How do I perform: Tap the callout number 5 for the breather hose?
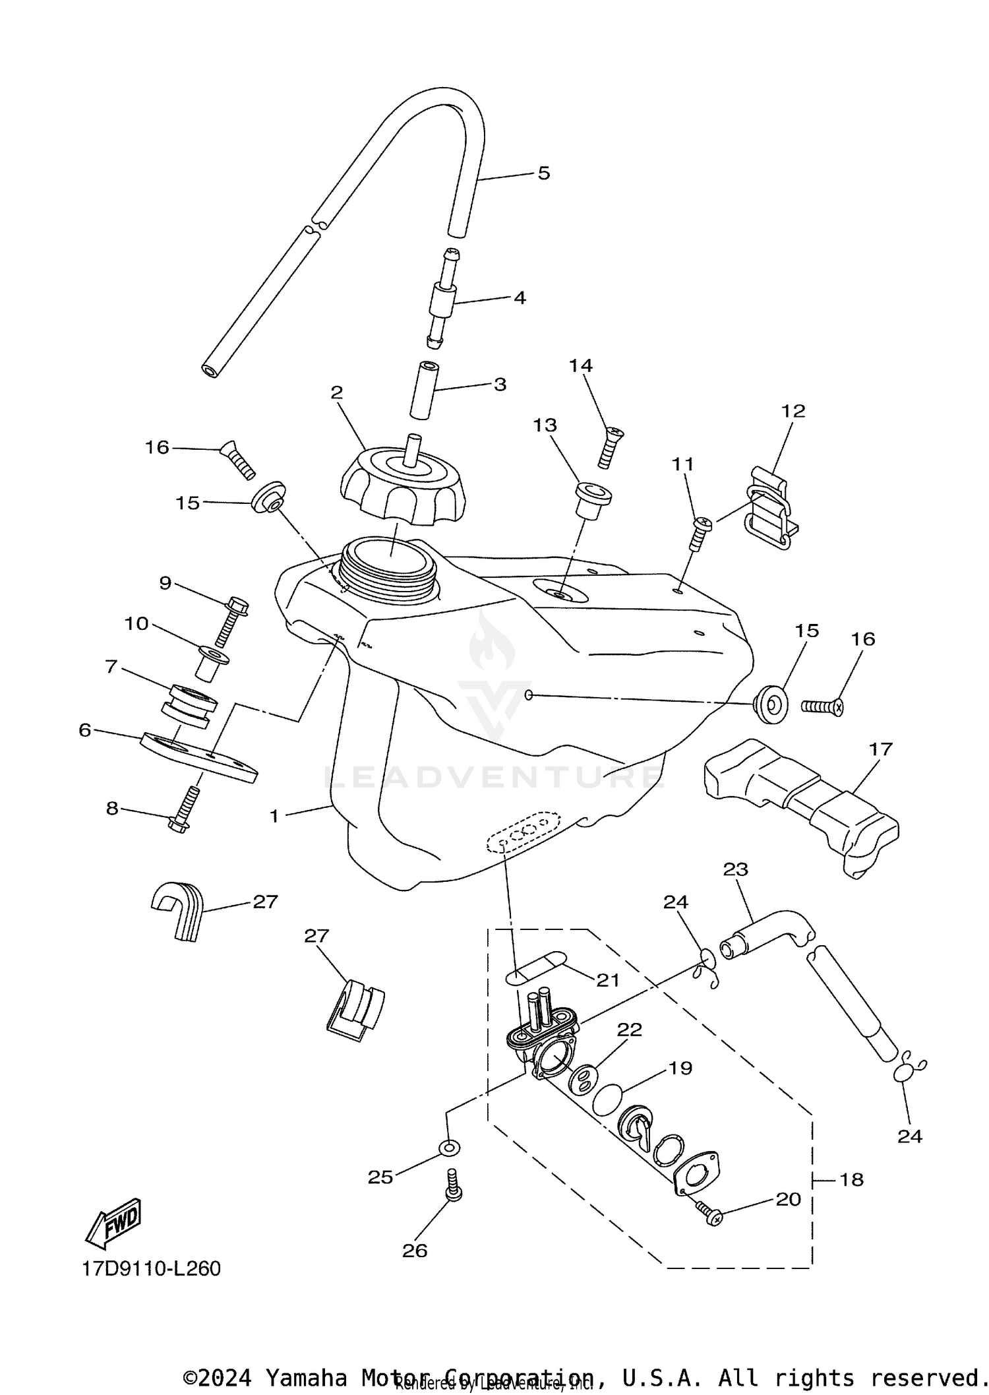pos(543,173)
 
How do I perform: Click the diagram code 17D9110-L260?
pos(152,1268)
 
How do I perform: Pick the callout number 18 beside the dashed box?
pos(852,1179)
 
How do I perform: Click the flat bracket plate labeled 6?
pos(198,757)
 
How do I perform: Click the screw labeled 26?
pos(453,1186)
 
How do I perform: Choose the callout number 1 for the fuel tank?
pos(274,816)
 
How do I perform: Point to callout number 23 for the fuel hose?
pos(735,869)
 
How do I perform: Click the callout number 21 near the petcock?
pos(608,980)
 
